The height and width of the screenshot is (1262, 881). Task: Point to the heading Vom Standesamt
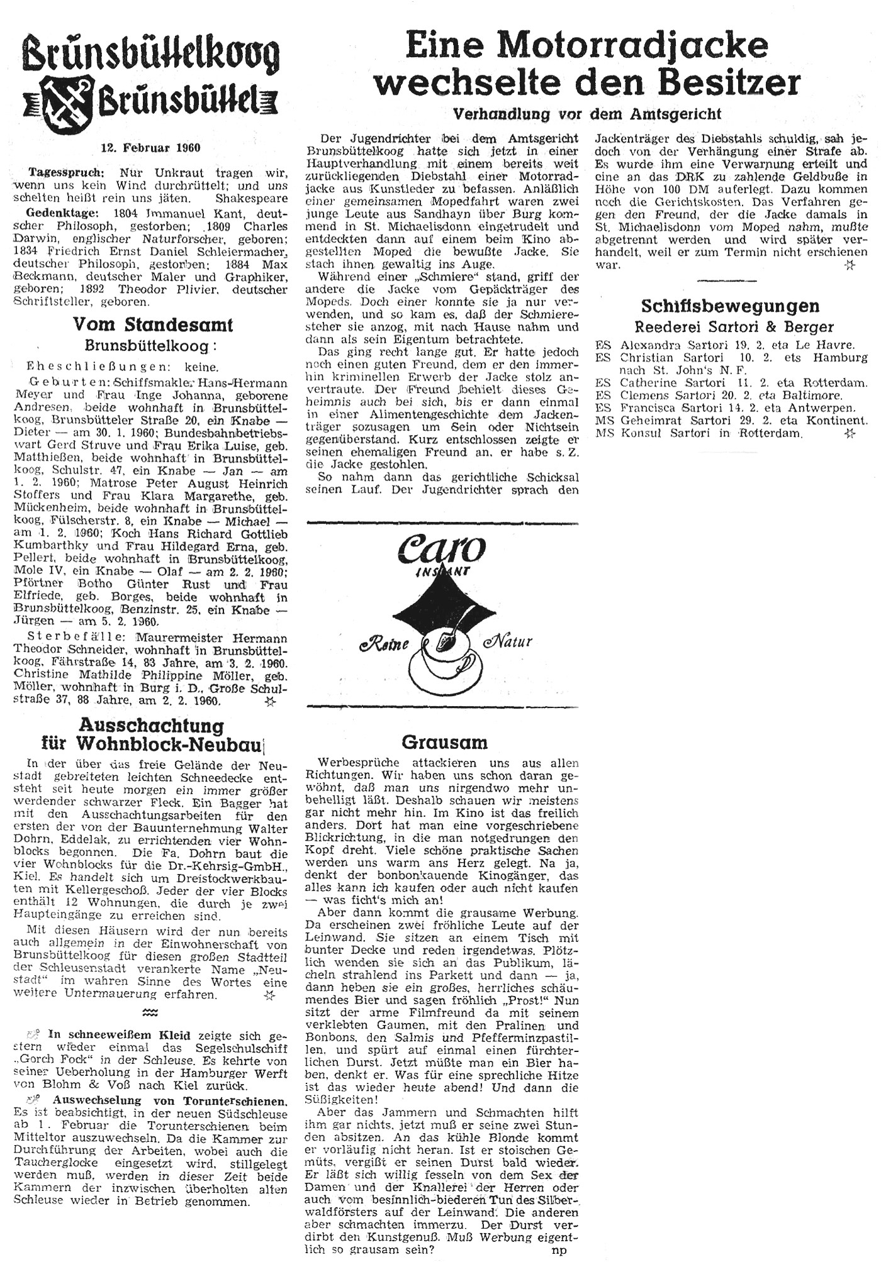tap(153, 324)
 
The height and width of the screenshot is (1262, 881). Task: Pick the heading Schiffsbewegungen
tap(730, 306)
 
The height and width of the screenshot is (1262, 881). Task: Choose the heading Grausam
tap(444, 743)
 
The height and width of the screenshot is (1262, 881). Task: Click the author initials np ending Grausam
tap(559, 1251)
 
